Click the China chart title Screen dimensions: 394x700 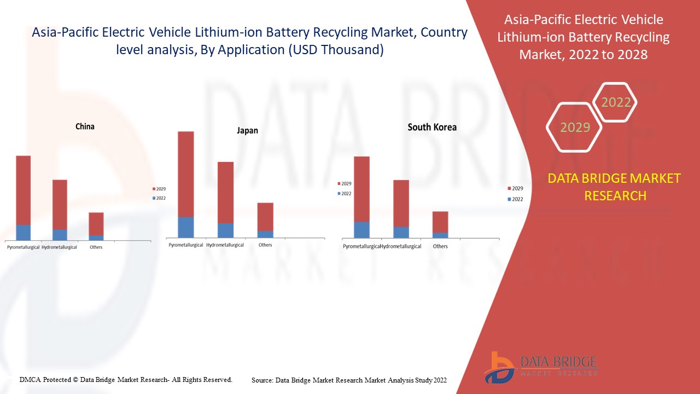[85, 126]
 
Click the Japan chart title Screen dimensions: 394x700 [247, 131]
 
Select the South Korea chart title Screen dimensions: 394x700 [432, 127]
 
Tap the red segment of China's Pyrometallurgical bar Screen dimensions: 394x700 [23, 190]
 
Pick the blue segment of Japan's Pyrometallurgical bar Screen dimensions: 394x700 [186, 227]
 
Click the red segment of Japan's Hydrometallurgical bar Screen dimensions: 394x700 [225, 192]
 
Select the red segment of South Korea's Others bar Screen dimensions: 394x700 [440, 222]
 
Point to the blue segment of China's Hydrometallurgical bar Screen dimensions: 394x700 [60, 235]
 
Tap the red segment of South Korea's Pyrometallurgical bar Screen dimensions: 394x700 [361, 189]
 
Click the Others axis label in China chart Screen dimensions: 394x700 [96, 247]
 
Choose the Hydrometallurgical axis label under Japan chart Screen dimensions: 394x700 [225, 245]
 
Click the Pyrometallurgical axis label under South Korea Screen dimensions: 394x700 [361, 246]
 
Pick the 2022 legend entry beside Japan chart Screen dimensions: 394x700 [346, 194]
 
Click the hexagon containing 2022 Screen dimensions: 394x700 [616, 102]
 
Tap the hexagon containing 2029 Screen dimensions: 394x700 [575, 127]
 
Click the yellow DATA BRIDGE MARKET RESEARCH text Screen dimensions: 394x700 [615, 187]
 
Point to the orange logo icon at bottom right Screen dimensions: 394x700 [498, 368]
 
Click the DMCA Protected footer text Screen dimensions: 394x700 [126, 379]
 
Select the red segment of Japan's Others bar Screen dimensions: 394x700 [265, 216]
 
